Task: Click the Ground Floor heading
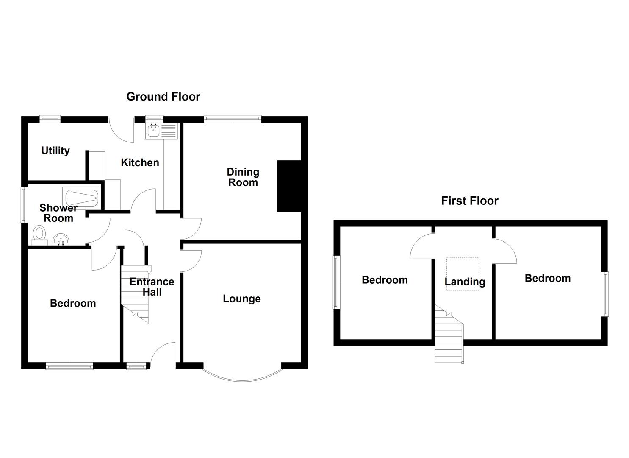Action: click(163, 97)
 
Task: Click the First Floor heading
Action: click(469, 201)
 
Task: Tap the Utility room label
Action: click(55, 151)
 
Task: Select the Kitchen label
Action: click(140, 162)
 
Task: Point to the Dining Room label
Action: click(243, 177)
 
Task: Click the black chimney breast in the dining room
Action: click(289, 186)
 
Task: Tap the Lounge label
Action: click(241, 299)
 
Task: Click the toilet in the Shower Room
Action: click(39, 234)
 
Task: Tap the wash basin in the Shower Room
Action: click(61, 240)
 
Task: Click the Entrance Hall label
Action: click(152, 287)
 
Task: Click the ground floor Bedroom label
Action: click(73, 303)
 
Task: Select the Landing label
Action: click(465, 282)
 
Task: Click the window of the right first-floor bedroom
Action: click(606, 294)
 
